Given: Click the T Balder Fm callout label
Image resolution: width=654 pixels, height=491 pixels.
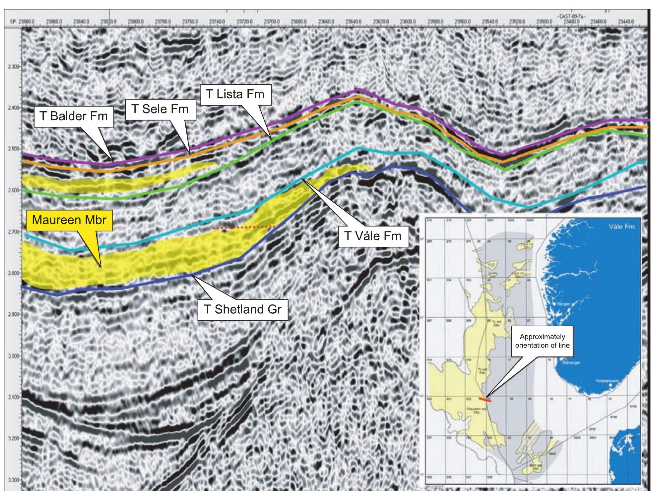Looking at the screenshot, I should pos(74,116).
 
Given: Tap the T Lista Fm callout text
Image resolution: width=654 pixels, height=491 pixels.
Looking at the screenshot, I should pos(235,94).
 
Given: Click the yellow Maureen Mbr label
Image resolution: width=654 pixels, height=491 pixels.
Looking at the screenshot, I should pos(69,219).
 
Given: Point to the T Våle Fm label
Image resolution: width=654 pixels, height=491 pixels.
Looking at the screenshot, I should pos(373,236).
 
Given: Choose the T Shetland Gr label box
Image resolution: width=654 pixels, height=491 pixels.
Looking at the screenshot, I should pos(242,309).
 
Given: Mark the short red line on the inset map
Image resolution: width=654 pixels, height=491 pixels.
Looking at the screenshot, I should pos(485,400).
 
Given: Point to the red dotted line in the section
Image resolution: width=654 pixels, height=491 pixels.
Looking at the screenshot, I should pos(245,228).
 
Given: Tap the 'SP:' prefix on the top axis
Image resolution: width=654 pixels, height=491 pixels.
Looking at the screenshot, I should pos(13,21).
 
